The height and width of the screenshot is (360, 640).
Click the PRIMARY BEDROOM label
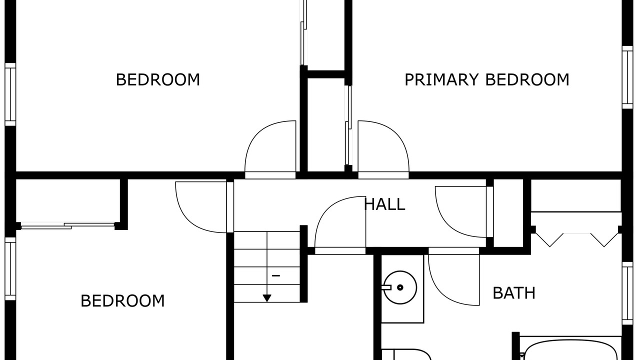coord(487,79)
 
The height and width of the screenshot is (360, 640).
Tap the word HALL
coord(384,204)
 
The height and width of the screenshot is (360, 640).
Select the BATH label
coord(514,293)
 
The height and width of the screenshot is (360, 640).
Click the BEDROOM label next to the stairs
coord(122,301)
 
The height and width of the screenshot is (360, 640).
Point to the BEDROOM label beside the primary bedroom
coord(157,79)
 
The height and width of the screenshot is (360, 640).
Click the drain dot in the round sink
coord(400,287)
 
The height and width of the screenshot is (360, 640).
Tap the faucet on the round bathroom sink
coord(386,287)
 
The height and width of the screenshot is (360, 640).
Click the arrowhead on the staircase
coord(267,298)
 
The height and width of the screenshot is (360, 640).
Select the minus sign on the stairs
coord(275,275)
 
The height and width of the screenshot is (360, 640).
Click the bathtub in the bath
coord(570,350)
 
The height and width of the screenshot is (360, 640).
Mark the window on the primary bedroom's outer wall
coord(627,77)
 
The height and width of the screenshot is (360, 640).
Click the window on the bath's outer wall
coord(627,293)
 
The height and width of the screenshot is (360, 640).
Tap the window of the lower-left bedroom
coord(10,269)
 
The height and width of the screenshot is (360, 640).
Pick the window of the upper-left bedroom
coord(10,94)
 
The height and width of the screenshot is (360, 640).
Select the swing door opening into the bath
coord(453,276)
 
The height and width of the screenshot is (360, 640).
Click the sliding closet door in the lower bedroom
coord(67,226)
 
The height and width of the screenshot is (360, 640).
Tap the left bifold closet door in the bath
coord(549,240)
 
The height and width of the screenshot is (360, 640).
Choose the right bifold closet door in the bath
coord(604,240)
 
